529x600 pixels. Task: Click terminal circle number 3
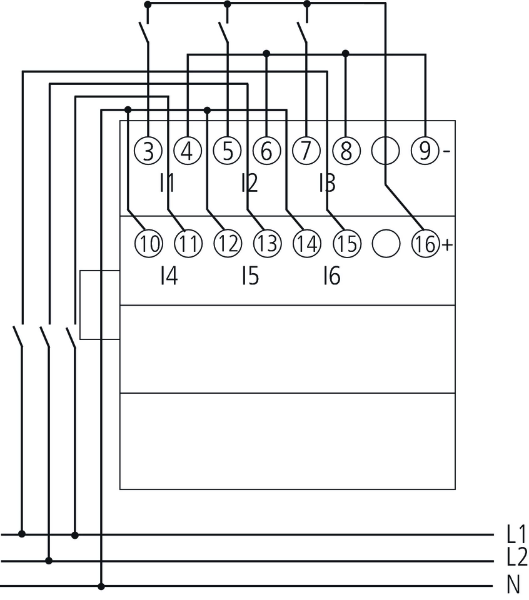[148, 151]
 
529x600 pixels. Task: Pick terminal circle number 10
[148, 244]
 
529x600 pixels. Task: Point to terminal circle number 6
[267, 151]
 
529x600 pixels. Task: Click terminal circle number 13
[267, 244]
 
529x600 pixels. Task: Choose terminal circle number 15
[346, 244]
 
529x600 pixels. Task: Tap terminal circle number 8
[346, 151]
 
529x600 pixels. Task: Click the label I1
[167, 183]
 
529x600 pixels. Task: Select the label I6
[331, 276]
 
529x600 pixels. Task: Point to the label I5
[249, 276]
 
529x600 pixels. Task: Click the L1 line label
[516, 534]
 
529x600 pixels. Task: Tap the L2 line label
[516, 556]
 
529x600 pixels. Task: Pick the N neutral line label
[514, 585]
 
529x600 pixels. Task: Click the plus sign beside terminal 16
[447, 245]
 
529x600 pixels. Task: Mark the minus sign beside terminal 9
[446, 152]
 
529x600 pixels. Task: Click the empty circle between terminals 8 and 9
[386, 151]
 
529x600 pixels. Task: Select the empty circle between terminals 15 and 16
[386, 244]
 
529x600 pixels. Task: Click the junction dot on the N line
[101, 586]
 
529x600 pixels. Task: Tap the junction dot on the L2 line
[49, 561]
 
